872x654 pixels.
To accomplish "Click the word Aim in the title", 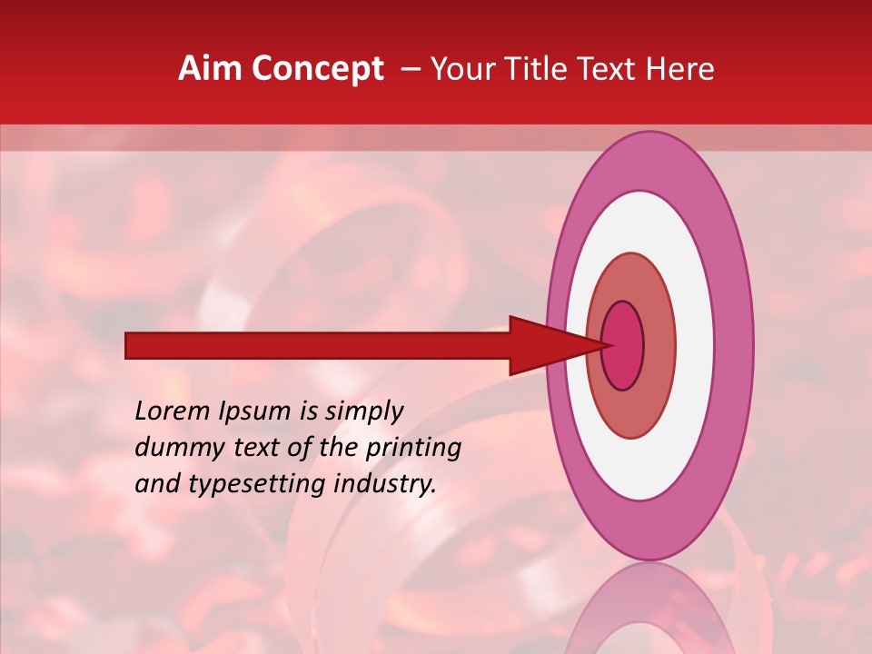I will (x=210, y=69).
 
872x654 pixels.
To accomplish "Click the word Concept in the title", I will (x=318, y=69).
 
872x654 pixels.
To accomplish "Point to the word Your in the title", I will (x=463, y=69).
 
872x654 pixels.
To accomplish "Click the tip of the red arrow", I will (x=609, y=345).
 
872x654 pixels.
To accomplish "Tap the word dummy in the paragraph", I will (x=173, y=448).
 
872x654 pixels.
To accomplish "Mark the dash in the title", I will (x=410, y=69).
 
